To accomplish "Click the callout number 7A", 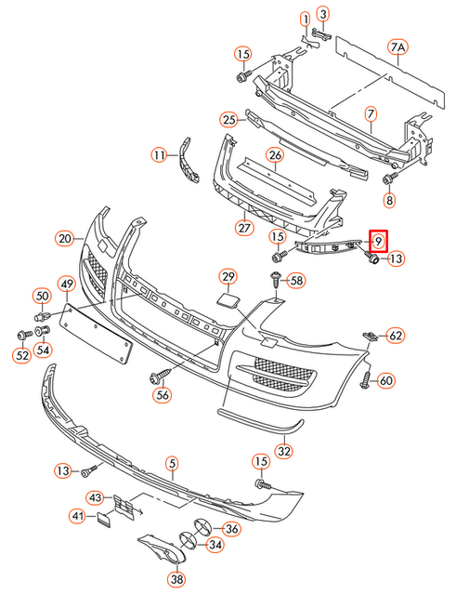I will (x=398, y=46).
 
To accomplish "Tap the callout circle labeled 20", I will (x=64, y=238).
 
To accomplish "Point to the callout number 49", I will (x=67, y=283).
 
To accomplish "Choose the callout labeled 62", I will (x=395, y=335).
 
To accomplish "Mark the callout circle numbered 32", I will (x=284, y=452).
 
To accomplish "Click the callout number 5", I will (x=171, y=462).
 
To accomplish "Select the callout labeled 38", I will (x=176, y=577).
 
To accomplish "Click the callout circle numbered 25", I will (x=228, y=119).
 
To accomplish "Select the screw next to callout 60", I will (x=366, y=379).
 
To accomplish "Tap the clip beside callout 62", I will (x=372, y=335).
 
